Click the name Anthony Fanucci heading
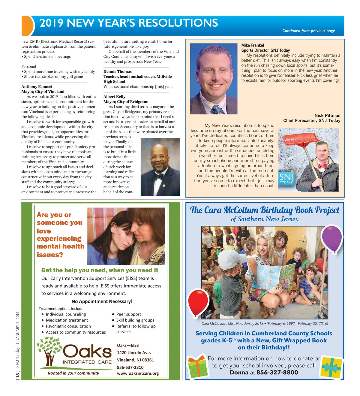click(x=37, y=86)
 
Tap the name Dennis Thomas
click(x=117, y=71)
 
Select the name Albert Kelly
click(x=114, y=96)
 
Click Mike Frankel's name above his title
click(x=253, y=45)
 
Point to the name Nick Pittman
click(x=327, y=115)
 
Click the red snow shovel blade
click(x=301, y=138)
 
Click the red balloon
click(x=198, y=302)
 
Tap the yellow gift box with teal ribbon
click(x=331, y=367)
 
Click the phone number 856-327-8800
click(x=277, y=373)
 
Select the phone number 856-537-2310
click(x=130, y=367)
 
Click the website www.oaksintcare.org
click(x=138, y=373)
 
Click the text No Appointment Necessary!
click(x=102, y=301)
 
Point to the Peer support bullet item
click(x=128, y=314)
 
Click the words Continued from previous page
click(x=308, y=31)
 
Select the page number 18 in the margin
click(x=18, y=375)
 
